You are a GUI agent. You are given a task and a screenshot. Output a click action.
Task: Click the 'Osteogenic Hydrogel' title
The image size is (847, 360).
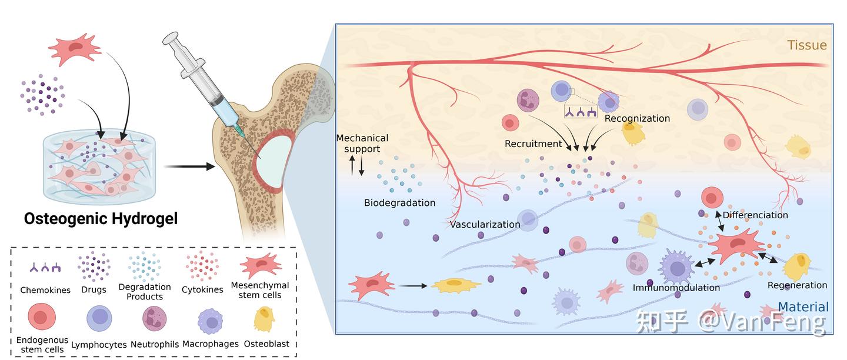pyautogui.click(x=101, y=219)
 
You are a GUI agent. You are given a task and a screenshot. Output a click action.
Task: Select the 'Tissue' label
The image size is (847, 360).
pyautogui.click(x=807, y=45)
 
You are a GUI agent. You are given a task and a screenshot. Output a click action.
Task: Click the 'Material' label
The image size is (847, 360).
pyautogui.click(x=803, y=306)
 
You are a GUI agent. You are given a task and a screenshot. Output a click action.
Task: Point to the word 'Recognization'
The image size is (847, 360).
pyautogui.click(x=637, y=118)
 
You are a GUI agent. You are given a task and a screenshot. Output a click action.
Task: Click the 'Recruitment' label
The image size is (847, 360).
pyautogui.click(x=533, y=144)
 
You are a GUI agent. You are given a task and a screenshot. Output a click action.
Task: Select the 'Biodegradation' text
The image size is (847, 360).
pyautogui.click(x=400, y=203)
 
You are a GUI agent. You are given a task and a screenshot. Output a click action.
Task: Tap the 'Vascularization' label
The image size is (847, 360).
pyautogui.click(x=485, y=225)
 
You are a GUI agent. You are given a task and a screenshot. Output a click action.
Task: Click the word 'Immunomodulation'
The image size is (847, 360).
pyautogui.click(x=676, y=288)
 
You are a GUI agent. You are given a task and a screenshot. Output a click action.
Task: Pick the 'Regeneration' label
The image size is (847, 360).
pyautogui.click(x=797, y=285)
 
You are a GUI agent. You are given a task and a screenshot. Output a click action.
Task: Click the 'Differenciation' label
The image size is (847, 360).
pyautogui.click(x=755, y=215)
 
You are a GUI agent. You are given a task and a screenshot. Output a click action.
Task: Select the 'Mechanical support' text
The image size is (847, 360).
pyautogui.click(x=362, y=144)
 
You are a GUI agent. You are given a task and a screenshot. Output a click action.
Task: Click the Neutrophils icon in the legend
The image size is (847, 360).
pyautogui.click(x=154, y=318)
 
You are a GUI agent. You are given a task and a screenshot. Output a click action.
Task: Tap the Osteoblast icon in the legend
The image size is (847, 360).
pyautogui.click(x=264, y=319)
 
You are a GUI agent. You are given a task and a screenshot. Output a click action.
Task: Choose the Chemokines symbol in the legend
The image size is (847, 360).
pyautogui.click(x=45, y=268)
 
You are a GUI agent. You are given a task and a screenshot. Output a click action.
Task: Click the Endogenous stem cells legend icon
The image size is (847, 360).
pyautogui.click(x=42, y=316)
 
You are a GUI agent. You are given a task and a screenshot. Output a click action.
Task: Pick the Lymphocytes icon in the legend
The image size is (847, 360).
pyautogui.click(x=99, y=318)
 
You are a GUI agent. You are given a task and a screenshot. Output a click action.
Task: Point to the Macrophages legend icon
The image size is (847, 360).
pyautogui.click(x=210, y=321)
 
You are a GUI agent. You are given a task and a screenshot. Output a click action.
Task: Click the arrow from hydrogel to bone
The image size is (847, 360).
pyautogui.click(x=189, y=166)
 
